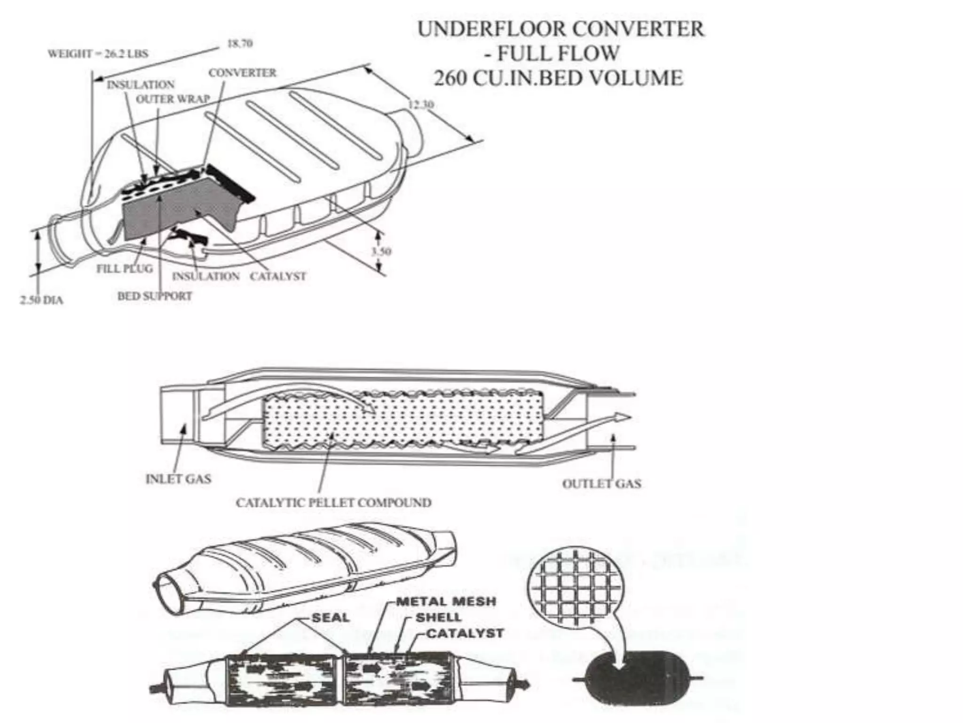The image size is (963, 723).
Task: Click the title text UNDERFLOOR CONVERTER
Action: (x=560, y=29)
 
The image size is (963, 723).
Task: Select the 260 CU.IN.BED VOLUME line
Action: (x=558, y=78)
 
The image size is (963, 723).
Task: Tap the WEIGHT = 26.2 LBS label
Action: (x=98, y=54)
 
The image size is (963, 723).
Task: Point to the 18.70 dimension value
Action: (x=240, y=44)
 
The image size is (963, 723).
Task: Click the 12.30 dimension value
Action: (x=420, y=104)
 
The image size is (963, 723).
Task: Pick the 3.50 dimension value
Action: (x=381, y=251)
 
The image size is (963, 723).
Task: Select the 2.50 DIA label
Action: (x=41, y=300)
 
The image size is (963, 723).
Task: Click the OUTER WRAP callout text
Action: (x=173, y=99)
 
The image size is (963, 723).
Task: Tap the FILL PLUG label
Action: (x=125, y=269)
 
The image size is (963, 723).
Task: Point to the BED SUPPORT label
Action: (x=155, y=296)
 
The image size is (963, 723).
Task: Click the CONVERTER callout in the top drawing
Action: (x=242, y=73)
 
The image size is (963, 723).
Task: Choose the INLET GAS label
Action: (x=178, y=479)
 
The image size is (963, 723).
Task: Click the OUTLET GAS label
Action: (x=601, y=483)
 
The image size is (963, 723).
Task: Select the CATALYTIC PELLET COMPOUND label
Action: (x=333, y=503)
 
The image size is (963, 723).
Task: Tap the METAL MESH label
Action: (x=446, y=601)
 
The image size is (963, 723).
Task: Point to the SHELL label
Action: (x=438, y=617)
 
